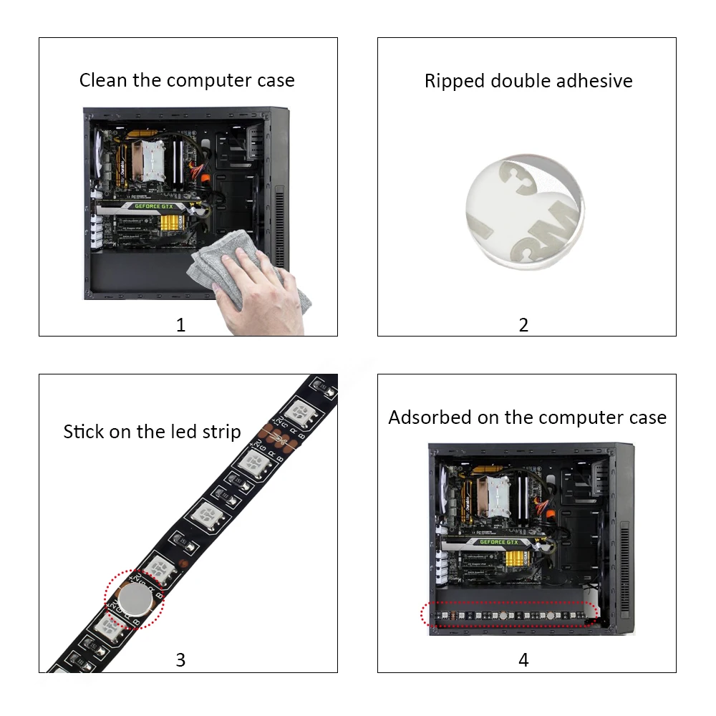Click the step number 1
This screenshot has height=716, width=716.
coord(180,325)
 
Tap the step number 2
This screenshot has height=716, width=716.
coord(523,325)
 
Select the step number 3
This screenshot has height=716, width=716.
coord(180,659)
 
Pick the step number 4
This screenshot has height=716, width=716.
coord(523,659)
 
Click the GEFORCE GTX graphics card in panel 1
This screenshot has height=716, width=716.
coord(154,206)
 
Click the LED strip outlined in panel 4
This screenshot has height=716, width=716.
coord(508,614)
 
